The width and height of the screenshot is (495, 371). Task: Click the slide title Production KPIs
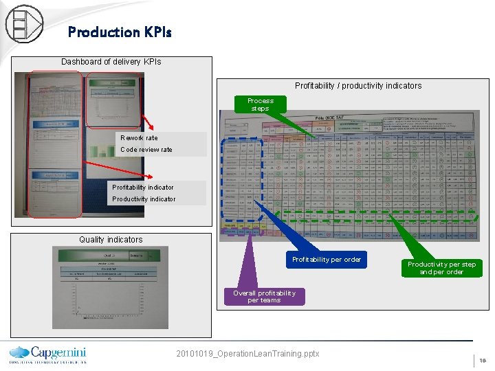tap(120, 32)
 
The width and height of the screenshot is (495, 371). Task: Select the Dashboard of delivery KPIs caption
tap(111, 62)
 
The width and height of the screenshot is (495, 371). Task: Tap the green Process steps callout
tap(260, 104)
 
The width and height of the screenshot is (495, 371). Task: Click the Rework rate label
tap(139, 138)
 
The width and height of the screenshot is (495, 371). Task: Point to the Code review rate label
tap(146, 150)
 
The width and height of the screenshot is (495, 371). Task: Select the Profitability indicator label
tap(143, 188)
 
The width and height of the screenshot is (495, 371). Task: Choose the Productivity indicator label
tap(144, 199)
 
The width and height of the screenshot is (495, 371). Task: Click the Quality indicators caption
tap(111, 240)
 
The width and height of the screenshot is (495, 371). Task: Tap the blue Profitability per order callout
tap(326, 260)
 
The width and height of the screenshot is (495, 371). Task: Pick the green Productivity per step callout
tap(441, 268)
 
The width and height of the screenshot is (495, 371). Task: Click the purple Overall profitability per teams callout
tap(264, 296)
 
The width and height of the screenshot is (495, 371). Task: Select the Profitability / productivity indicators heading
tap(358, 86)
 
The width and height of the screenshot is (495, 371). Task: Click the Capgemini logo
tap(47, 353)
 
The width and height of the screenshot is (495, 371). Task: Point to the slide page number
tap(483, 360)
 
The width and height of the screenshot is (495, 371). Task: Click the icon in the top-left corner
tap(24, 24)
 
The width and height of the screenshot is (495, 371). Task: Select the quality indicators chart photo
tap(110, 287)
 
